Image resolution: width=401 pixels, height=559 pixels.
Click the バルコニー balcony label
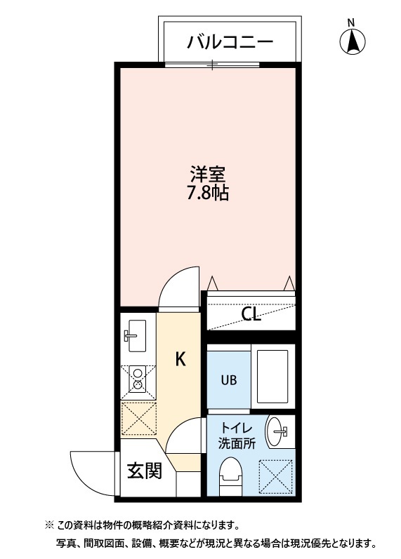pos(230,43)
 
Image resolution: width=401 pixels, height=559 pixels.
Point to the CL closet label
pos(251,314)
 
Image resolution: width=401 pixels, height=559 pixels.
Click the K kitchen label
pos(180,360)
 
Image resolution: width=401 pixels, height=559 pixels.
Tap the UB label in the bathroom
pos(229,381)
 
